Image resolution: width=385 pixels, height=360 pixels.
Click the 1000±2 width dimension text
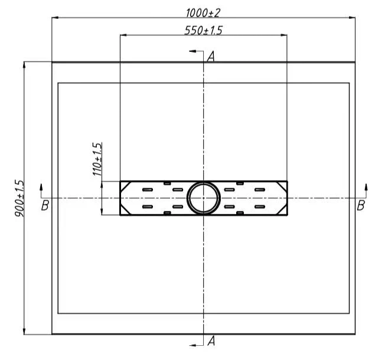(203, 13)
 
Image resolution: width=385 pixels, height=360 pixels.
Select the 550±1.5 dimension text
(203, 31)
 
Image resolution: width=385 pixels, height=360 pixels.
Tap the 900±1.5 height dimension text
(19, 198)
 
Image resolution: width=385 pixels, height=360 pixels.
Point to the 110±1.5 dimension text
(97, 159)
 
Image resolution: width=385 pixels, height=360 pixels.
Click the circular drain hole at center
(203, 198)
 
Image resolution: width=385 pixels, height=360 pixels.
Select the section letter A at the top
(211, 57)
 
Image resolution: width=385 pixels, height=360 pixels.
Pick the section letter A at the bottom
(211, 341)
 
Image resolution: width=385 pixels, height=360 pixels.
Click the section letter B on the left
(45, 205)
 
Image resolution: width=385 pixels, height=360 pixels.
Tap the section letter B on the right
(361, 205)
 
